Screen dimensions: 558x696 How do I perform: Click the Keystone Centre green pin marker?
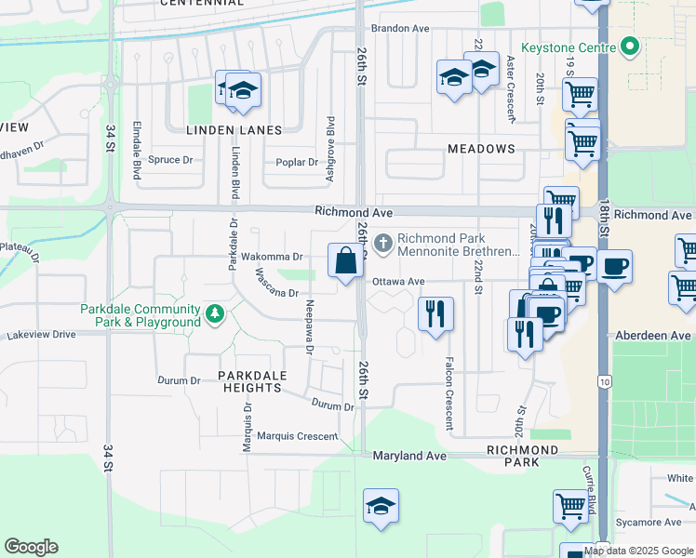[628, 46]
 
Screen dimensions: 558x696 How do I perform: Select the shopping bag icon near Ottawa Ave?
[346, 261]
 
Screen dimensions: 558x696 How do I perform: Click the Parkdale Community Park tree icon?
[215, 315]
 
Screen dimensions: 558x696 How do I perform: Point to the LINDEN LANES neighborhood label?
[234, 130]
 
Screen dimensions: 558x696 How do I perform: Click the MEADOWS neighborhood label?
[481, 149]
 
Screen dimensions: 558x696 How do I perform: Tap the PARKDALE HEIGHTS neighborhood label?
[251, 381]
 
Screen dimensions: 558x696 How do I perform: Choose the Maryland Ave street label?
[410, 457]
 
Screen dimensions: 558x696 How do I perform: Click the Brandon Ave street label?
[399, 29]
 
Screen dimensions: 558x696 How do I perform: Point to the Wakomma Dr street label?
[272, 257]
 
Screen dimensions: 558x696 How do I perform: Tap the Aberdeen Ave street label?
[654, 335]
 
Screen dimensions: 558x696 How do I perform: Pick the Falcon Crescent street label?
[448, 393]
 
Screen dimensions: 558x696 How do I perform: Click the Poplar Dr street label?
[297, 163]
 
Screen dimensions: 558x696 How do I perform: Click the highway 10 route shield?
[605, 382]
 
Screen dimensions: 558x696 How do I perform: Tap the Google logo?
[31, 547]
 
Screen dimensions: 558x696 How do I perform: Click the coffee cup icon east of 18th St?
[614, 267]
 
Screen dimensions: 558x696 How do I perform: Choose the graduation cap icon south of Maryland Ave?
[381, 507]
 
